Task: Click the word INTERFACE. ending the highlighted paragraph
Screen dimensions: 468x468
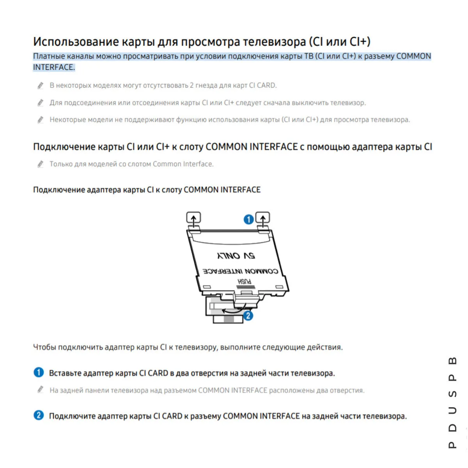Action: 54,67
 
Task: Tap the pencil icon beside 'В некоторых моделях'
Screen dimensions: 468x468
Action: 40,85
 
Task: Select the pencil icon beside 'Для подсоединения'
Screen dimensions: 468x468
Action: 40,103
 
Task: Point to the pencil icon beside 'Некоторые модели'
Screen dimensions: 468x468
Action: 40,120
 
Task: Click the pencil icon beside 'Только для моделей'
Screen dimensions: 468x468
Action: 40,164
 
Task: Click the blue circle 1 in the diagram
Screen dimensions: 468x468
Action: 248,220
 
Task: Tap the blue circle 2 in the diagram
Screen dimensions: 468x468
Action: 248,315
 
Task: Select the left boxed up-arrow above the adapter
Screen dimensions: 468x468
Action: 194,218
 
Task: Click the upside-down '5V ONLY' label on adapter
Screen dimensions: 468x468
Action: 236,256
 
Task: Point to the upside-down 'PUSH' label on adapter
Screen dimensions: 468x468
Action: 245,282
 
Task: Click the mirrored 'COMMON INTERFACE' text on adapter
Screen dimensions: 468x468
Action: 240,271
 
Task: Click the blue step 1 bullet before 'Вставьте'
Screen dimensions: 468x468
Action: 39,372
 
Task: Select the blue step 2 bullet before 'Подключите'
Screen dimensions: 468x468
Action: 39,415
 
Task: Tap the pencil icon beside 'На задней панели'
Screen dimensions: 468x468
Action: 40,390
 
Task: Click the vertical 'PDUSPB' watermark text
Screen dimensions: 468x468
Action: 452,402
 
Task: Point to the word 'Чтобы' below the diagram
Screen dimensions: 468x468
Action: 44,347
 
